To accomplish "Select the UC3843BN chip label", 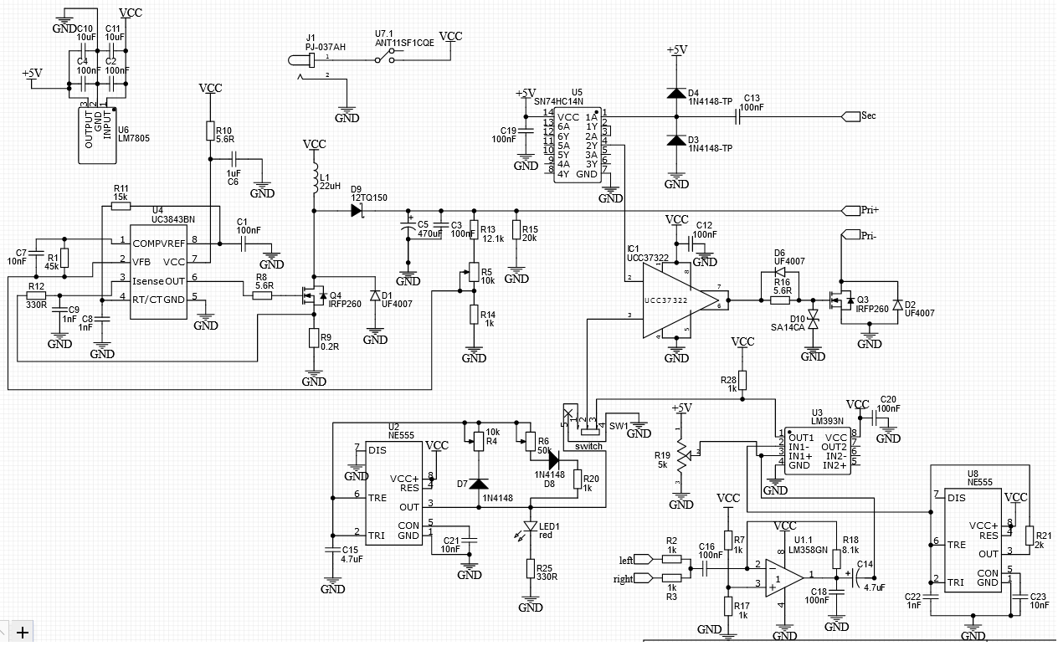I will tap(174, 218).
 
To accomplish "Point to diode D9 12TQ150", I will tap(357, 211).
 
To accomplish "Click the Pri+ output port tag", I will tap(849, 209).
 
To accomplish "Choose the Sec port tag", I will tap(849, 115).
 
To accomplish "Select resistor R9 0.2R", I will tap(314, 339).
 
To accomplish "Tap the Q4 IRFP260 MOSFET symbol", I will tap(310, 295).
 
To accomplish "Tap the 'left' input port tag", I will tap(643, 559).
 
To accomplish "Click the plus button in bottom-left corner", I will tap(22, 632).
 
